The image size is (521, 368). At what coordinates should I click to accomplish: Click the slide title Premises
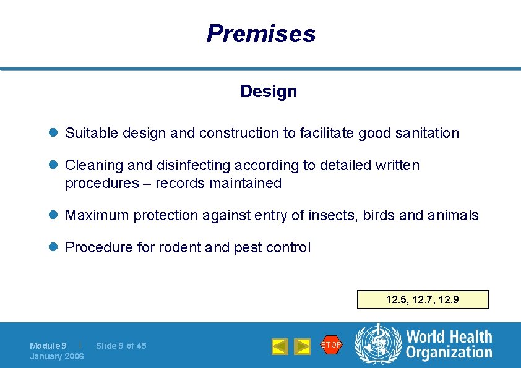click(260, 33)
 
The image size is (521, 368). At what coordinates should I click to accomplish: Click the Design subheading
click(269, 92)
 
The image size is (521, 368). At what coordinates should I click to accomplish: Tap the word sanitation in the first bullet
click(428, 133)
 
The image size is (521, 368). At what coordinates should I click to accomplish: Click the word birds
click(379, 216)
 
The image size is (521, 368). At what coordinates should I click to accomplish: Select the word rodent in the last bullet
click(181, 248)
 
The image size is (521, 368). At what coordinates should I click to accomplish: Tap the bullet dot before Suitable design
click(54, 133)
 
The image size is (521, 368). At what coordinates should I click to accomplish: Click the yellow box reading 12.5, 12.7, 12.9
click(423, 300)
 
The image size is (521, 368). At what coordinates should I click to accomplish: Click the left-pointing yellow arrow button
click(280, 346)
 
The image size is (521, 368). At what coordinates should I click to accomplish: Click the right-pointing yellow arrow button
click(302, 346)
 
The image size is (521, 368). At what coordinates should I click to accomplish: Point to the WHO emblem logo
click(377, 344)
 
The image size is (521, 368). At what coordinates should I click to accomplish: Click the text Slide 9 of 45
click(121, 346)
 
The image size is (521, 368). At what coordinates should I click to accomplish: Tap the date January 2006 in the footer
click(57, 356)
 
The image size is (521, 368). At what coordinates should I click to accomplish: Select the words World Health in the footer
click(449, 336)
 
